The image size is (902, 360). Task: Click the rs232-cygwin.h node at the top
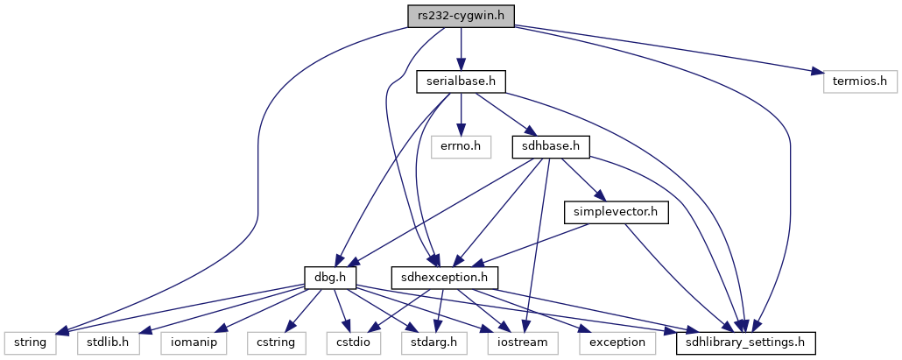click(461, 16)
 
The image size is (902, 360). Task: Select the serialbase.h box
click(461, 82)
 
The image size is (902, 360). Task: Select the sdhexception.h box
click(445, 278)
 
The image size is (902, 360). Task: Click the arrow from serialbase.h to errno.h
click(461, 115)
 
